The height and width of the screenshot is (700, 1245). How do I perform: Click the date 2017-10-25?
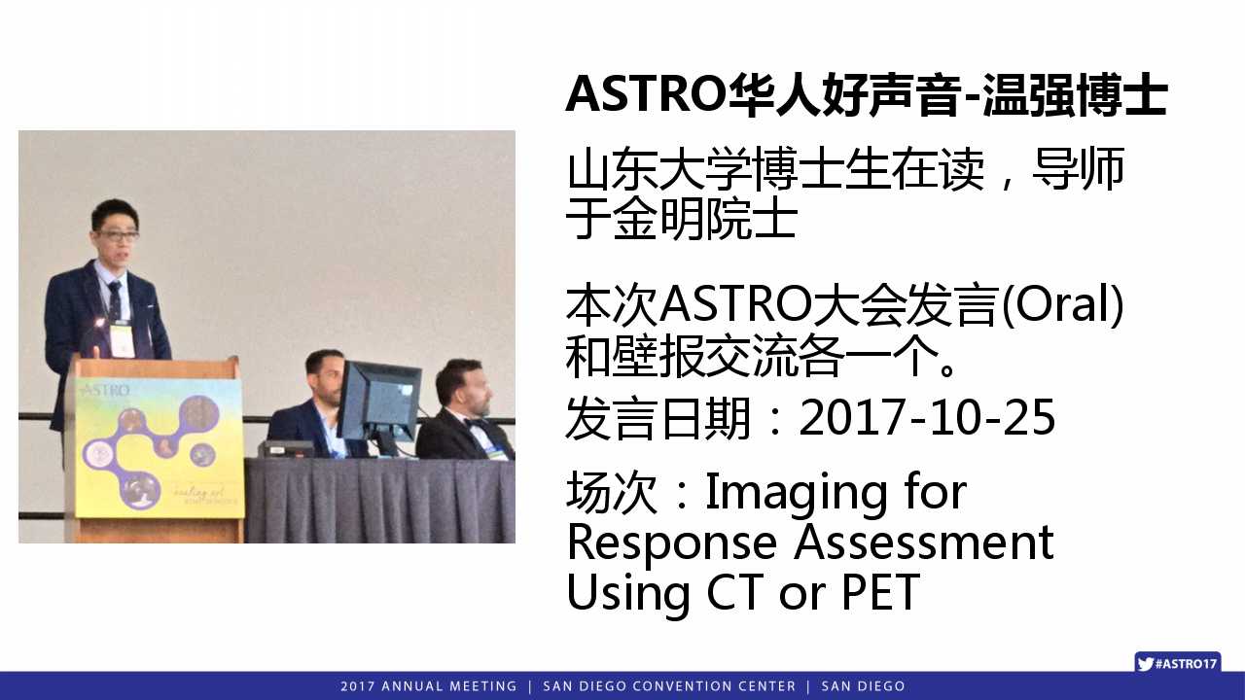[x=927, y=417]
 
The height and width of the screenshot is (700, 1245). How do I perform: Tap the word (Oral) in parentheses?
[x=1062, y=304]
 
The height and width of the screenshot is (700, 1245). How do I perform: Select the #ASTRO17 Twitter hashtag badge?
[x=1178, y=663]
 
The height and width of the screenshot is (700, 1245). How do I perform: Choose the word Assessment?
[x=923, y=542]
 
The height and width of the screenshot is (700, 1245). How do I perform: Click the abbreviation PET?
[x=881, y=592]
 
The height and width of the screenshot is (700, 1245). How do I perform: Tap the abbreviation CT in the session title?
[x=734, y=592]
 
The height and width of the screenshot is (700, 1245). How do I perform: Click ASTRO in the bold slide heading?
[x=644, y=94]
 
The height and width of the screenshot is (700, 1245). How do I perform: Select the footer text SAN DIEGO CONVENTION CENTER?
[x=669, y=686]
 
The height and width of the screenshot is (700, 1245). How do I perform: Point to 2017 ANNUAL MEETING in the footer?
[x=429, y=686]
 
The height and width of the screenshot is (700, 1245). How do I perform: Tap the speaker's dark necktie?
[x=115, y=301]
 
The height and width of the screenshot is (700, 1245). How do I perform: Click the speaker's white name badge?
[x=122, y=340]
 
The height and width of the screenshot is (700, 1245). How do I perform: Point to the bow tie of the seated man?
[x=477, y=424]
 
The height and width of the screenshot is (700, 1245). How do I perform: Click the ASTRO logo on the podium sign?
[x=106, y=390]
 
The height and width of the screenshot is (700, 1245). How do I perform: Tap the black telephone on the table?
[x=286, y=448]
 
